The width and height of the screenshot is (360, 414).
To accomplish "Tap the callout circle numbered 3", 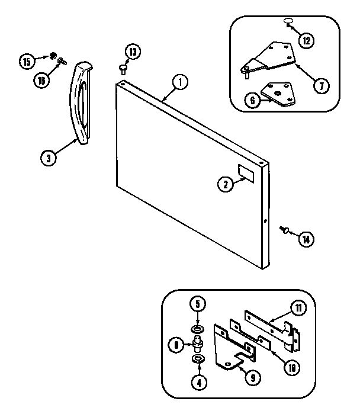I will pyautogui.click(x=49, y=158).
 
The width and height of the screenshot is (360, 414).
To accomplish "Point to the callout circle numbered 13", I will pyautogui.click(x=134, y=52).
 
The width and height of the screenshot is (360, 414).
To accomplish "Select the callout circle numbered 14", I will pyautogui.click(x=306, y=240).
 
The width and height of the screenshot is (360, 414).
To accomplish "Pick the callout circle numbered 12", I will pyautogui.click(x=306, y=41).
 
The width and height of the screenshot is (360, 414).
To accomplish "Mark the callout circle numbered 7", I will pyautogui.click(x=320, y=86).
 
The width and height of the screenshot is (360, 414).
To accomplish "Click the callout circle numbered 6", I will pyautogui.click(x=253, y=101).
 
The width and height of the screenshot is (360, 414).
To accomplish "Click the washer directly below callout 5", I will pyautogui.click(x=197, y=328).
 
